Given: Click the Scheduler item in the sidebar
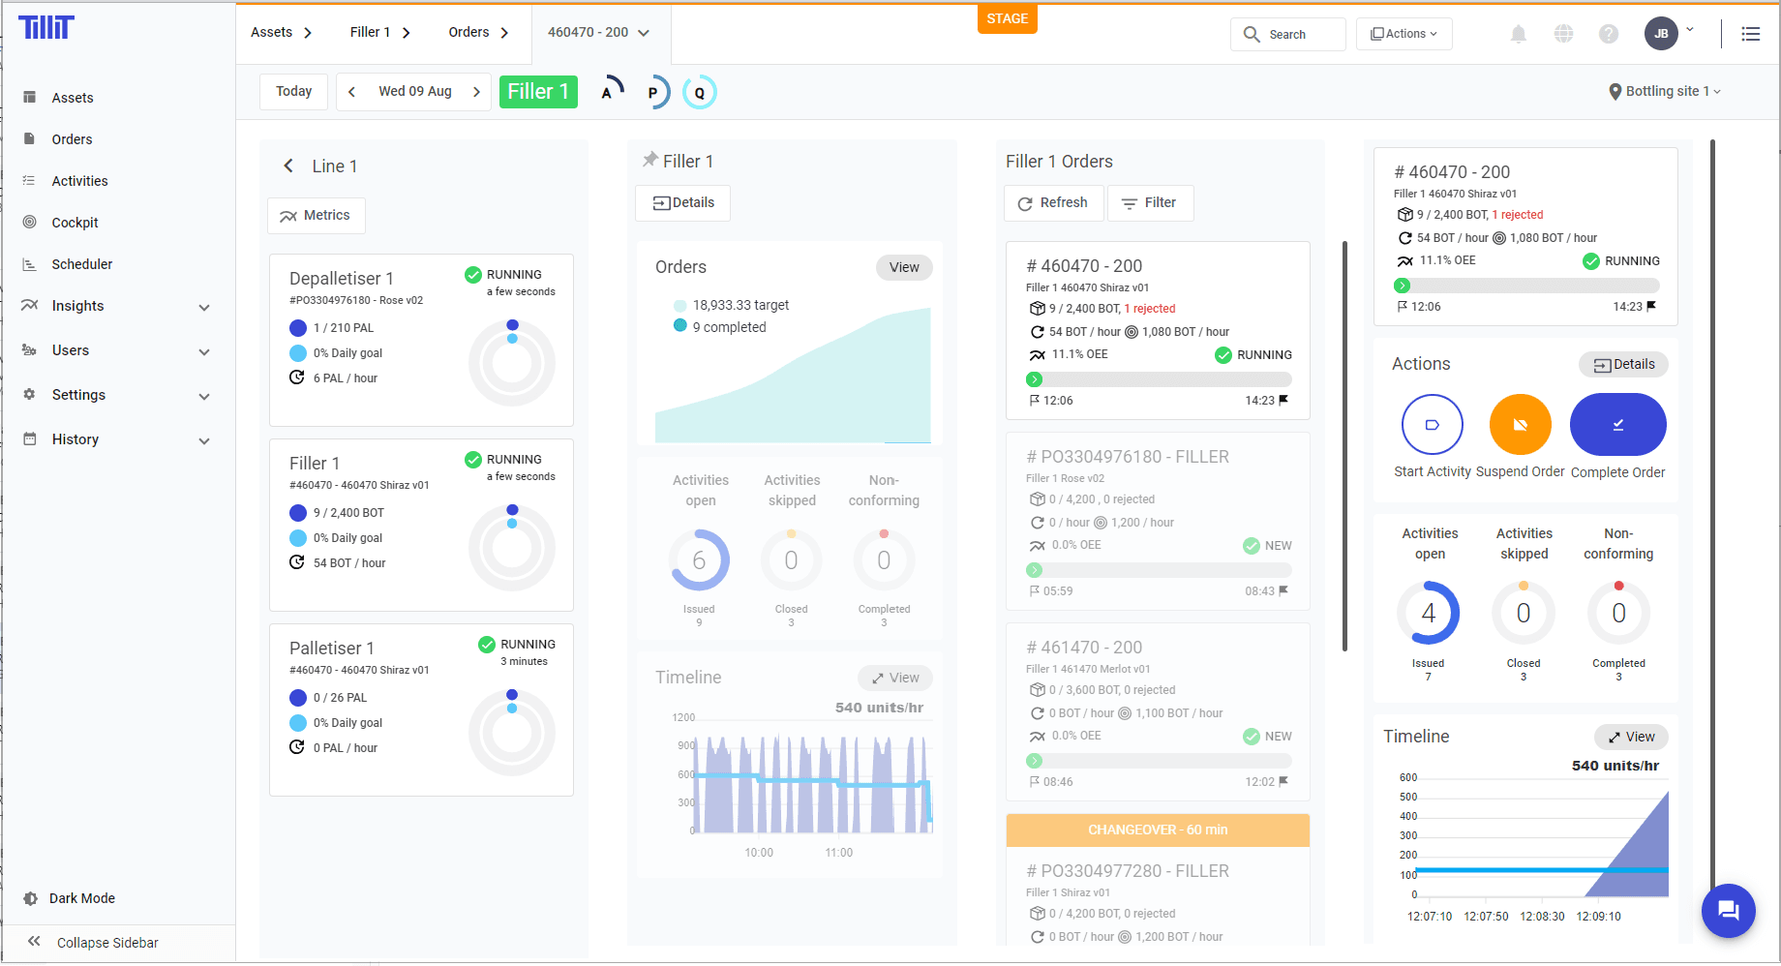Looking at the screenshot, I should [81, 264].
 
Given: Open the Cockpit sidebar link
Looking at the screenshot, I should [75, 223].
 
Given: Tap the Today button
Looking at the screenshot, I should [293, 92].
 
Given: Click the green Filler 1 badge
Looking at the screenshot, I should [538, 92].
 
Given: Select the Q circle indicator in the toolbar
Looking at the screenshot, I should [699, 93].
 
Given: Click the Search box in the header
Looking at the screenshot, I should [1288, 34].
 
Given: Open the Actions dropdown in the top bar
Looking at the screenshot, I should [1404, 34].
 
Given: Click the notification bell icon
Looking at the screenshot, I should [1519, 34].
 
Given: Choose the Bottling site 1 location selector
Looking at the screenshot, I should [1665, 91].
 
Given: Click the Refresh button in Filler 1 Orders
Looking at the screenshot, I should [1053, 203].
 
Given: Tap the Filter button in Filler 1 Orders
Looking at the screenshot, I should [1150, 203].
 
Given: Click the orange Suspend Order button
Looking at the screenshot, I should [1520, 424].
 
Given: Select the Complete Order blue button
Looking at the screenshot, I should [1617, 424].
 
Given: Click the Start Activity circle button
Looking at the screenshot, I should [1432, 424].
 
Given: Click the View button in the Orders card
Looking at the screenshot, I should [904, 267].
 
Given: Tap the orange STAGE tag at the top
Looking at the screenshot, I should [1007, 18].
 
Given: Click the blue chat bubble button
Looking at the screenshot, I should [1728, 910].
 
